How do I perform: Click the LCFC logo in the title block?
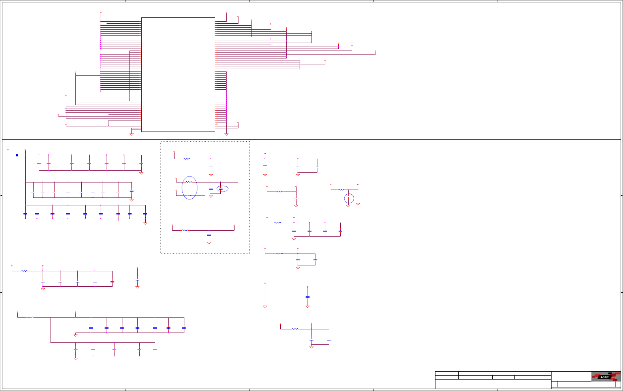click(x=606, y=376)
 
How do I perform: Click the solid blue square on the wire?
click(x=17, y=155)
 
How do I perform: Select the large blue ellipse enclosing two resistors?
click(x=190, y=188)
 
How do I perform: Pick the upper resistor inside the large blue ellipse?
click(x=189, y=182)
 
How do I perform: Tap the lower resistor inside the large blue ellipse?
click(x=189, y=195)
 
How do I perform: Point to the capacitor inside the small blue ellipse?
click(x=221, y=189)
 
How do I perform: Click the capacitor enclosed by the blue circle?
click(x=348, y=197)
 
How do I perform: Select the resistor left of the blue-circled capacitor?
click(x=341, y=190)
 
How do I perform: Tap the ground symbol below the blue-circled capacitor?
click(x=348, y=206)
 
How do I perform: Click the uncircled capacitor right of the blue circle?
click(x=358, y=196)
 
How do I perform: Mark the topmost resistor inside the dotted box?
click(x=187, y=159)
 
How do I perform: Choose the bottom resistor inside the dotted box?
click(x=185, y=230)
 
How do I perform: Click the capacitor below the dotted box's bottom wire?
click(x=209, y=235)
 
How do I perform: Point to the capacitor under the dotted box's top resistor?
click(x=211, y=167)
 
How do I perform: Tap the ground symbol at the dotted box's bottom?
click(x=209, y=242)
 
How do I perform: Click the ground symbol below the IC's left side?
click(x=131, y=134)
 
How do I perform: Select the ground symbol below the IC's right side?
click(x=226, y=134)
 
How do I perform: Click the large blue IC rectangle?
click(x=178, y=74)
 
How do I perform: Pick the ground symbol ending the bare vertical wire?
click(x=265, y=306)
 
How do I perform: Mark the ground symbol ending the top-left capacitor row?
click(x=141, y=173)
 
